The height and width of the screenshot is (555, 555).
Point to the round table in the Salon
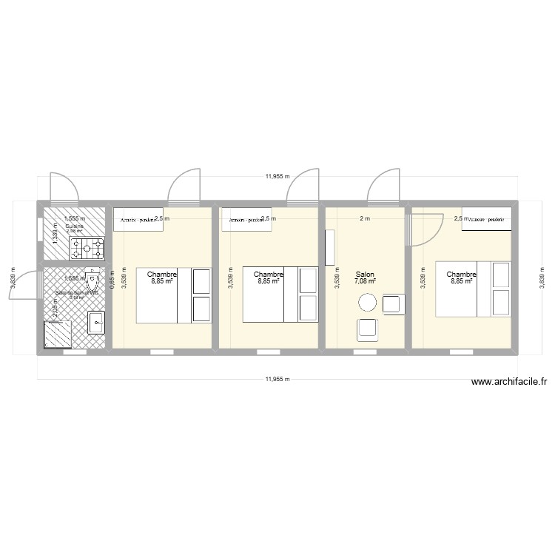point(367,302)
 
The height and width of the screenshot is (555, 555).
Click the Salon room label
point(365,273)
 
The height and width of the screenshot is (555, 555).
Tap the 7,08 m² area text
point(365,281)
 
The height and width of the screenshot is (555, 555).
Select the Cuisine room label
point(75,226)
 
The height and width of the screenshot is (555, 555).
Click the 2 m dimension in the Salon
point(365,218)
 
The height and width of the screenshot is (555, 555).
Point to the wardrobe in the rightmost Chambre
point(486,219)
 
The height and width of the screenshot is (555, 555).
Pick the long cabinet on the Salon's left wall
point(330,248)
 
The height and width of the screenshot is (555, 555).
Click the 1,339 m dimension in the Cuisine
point(55,232)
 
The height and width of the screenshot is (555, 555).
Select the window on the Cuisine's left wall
point(40,228)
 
